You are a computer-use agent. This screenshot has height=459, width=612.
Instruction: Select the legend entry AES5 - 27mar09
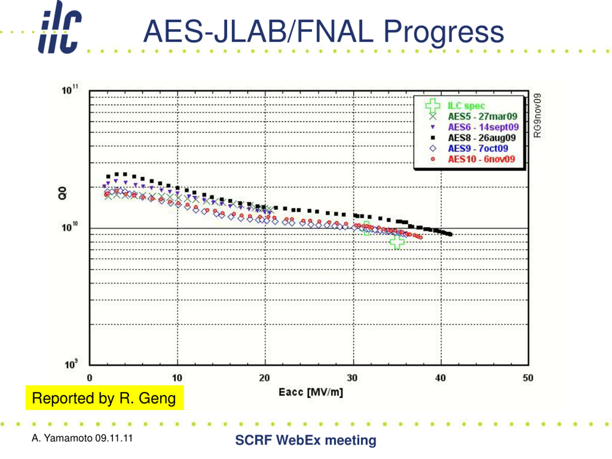pos(482,116)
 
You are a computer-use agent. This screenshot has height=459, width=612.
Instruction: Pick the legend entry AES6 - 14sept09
pos(483,127)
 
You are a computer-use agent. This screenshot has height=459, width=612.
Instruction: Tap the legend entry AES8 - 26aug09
pos(482,138)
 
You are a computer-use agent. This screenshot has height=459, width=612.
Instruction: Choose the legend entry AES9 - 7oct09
pos(478,148)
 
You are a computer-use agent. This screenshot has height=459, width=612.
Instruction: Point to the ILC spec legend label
pos(466,106)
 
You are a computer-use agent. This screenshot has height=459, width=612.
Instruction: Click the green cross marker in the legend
pos(433,105)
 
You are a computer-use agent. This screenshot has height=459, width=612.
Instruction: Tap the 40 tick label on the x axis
pos(440,378)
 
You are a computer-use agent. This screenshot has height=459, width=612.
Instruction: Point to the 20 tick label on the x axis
pos(264,378)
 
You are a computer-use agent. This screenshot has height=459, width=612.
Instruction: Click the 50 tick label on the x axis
pos(528,378)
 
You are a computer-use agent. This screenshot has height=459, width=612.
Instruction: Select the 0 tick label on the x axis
pos(90,378)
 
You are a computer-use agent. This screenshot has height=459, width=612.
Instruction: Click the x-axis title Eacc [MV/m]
pos(311,392)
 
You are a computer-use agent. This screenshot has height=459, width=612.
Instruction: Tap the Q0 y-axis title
pos(63,193)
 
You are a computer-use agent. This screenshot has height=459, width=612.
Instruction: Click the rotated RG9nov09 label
pos(537,115)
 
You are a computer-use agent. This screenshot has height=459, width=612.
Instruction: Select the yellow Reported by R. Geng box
pos(104,398)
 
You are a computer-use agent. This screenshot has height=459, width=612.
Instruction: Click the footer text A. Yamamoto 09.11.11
pos(82,438)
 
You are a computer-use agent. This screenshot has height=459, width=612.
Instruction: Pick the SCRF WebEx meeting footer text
pos(306,440)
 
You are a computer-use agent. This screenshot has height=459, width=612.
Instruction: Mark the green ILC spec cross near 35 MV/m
pos(397,242)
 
